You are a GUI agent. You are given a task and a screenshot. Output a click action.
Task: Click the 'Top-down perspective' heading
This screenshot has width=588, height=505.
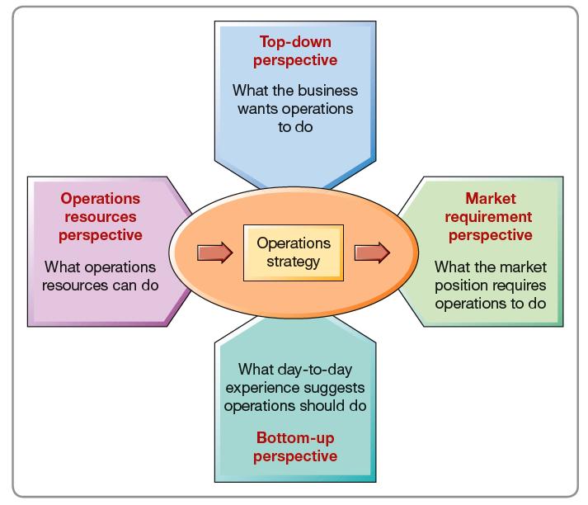coord(295,51)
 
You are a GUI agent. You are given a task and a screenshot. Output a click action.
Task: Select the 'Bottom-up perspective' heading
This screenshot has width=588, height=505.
coord(295,447)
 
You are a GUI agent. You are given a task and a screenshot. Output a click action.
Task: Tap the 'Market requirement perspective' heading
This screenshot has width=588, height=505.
coord(489,217)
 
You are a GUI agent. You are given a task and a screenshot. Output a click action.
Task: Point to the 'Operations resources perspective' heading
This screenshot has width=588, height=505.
coord(100,217)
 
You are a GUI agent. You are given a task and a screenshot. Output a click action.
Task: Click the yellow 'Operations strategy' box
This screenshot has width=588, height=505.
coord(294,252)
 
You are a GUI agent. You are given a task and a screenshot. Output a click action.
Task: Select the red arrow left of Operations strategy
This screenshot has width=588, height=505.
coord(215,252)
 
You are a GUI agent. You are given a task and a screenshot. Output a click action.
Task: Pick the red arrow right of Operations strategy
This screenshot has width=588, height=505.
coord(372,252)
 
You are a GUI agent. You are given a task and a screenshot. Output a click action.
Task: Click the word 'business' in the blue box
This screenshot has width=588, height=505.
coord(328,91)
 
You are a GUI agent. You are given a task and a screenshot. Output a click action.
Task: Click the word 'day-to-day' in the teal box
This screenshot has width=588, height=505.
coord(315,370)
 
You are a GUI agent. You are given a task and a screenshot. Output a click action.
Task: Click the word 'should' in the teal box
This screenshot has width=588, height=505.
coord(320,406)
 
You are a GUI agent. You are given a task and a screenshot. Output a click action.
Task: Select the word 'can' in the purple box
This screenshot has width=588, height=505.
coord(125,286)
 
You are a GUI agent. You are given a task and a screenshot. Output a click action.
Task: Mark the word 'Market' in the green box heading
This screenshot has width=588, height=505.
coord(491,199)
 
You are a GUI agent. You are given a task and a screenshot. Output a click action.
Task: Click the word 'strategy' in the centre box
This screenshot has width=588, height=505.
coord(294,262)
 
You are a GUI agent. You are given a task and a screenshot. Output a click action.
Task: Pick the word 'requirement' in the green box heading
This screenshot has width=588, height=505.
coord(488,217)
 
